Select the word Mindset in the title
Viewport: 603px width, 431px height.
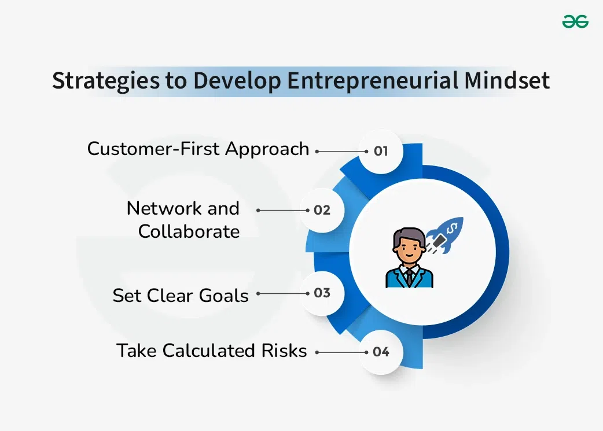point(507,81)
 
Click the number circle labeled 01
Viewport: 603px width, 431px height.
point(380,151)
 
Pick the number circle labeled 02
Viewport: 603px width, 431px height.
point(322,210)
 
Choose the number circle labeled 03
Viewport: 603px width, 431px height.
point(322,293)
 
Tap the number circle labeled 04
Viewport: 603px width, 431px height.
point(380,352)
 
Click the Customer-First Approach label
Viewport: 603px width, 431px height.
point(198,149)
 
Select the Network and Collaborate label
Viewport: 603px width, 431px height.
point(183,220)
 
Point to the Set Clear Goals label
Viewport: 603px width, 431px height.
point(181,296)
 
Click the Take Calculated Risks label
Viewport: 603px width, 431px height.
point(212,351)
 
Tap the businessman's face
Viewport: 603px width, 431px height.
point(405,249)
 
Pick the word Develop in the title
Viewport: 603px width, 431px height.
point(237,81)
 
